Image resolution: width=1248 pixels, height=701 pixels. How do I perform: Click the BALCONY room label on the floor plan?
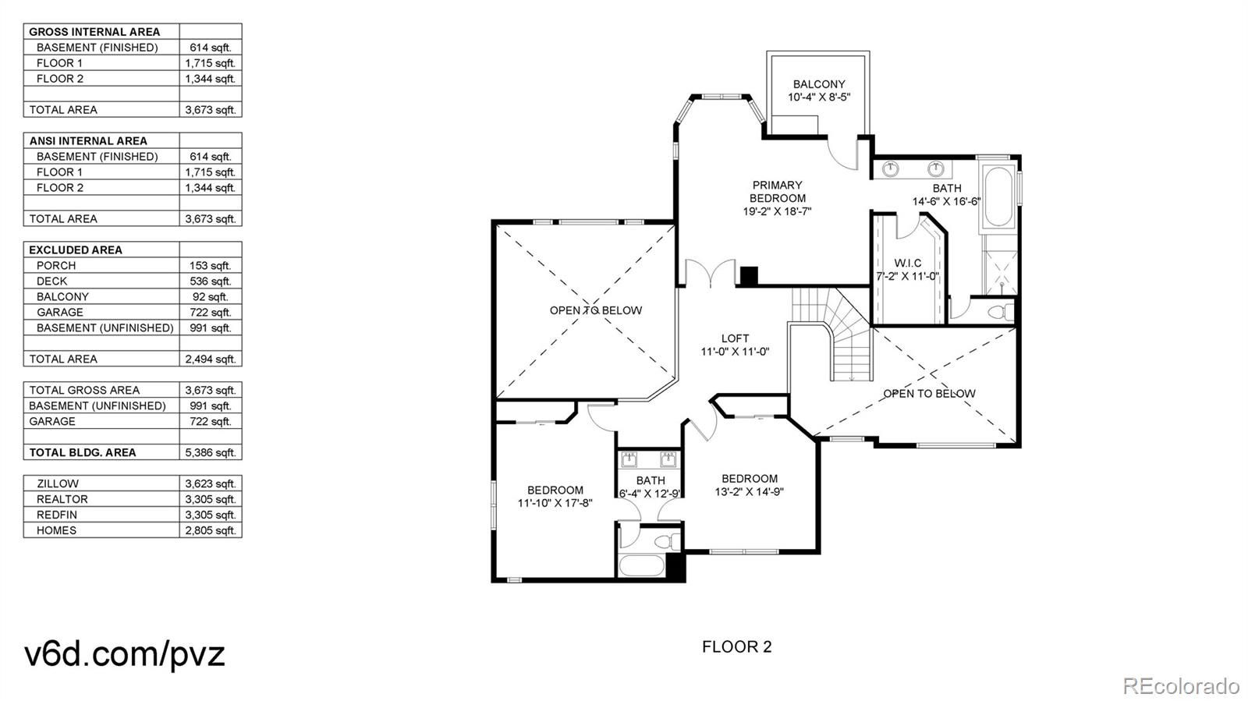818,84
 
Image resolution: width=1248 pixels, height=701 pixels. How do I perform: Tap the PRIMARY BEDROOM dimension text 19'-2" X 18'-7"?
777,211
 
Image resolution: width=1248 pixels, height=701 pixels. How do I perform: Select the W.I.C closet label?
908,263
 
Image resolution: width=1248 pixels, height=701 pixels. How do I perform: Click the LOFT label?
735,338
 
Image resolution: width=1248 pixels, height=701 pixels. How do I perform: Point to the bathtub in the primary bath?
999,196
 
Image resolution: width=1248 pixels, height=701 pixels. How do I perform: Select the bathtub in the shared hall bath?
641,565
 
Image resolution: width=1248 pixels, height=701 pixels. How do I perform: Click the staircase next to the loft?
832,334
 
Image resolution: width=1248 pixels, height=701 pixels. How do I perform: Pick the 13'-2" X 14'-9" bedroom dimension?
750,492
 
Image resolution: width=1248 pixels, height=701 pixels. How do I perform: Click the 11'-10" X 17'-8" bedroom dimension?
555,504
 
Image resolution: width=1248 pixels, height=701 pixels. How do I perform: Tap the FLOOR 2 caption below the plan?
736,647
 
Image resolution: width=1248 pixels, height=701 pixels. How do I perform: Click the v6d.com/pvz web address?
125,653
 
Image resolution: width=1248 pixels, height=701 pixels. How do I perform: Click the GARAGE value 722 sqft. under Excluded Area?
210,313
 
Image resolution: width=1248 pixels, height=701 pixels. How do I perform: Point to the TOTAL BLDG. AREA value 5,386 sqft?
210,453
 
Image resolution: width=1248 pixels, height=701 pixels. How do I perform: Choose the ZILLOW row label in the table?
58,484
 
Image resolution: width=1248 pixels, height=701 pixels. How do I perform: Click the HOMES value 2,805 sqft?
210,530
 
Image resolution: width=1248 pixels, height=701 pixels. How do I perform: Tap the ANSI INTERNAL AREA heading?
88,141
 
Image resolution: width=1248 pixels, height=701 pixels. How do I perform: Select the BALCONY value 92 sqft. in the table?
210,297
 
